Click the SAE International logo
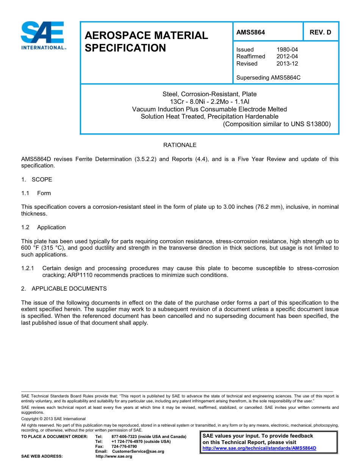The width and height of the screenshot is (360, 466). click(x=43, y=35)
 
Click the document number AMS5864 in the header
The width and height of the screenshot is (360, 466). click(x=250, y=32)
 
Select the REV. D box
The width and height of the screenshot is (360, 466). click(x=320, y=32)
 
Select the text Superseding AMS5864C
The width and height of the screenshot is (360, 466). click(x=268, y=78)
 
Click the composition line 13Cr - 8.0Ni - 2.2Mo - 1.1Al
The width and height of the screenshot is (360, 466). click(x=209, y=102)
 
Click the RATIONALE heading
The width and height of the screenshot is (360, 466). click(x=180, y=145)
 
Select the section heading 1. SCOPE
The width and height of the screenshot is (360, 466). click(x=37, y=180)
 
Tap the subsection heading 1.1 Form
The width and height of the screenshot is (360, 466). click(x=36, y=193)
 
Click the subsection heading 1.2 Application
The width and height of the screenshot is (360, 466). click(x=44, y=227)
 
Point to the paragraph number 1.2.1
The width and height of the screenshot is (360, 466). click(x=28, y=268)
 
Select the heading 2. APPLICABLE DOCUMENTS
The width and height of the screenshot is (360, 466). click(x=64, y=289)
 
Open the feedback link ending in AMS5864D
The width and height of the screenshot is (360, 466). click(x=259, y=448)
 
